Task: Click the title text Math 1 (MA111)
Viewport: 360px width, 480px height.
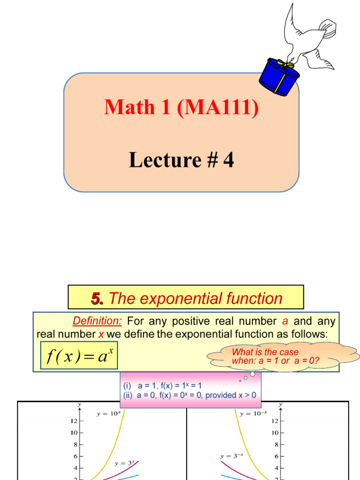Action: [x=181, y=107]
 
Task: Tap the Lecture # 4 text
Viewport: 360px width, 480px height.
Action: [x=181, y=160]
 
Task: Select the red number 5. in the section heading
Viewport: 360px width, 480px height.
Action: [x=97, y=299]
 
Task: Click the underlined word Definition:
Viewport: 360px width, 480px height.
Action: [x=97, y=322]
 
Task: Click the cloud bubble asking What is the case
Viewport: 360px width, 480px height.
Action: [x=283, y=357]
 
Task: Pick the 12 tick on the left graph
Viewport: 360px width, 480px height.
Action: [x=74, y=421]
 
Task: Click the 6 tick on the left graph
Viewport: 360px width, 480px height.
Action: [x=75, y=456]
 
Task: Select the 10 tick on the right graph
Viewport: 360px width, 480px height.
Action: [x=275, y=433]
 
